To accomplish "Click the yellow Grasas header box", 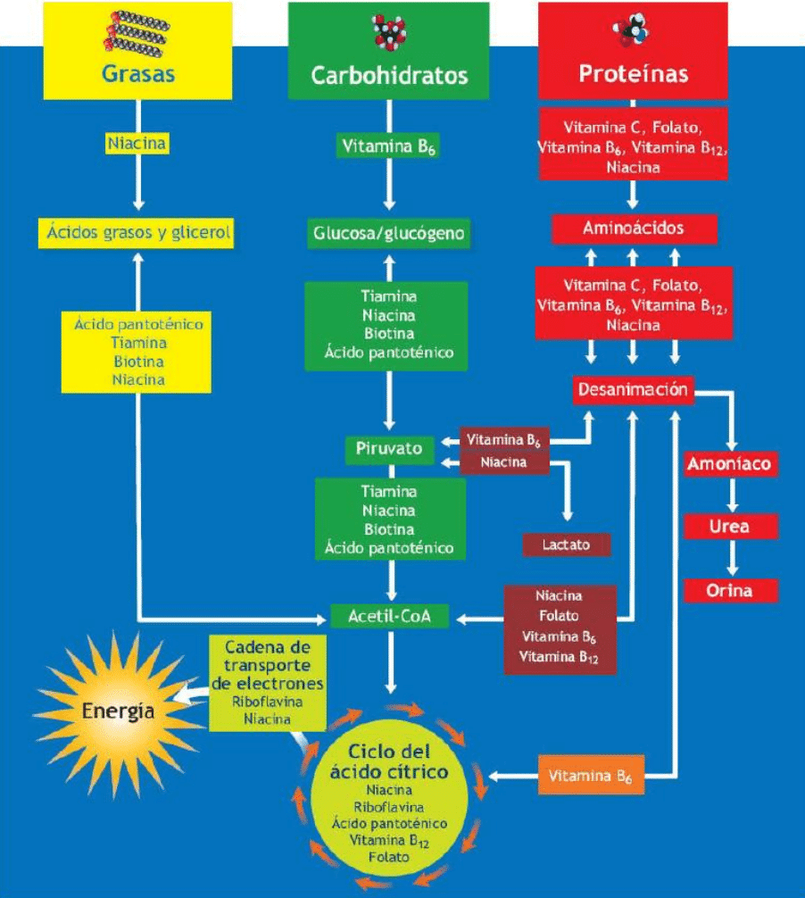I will (x=137, y=51).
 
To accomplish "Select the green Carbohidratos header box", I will (x=388, y=51).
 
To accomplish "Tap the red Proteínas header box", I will (x=633, y=51).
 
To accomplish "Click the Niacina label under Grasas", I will (x=137, y=143).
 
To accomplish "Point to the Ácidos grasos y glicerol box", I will (x=137, y=234).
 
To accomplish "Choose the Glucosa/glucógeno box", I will (x=388, y=234).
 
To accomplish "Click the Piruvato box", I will (x=389, y=448).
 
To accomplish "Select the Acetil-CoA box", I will (x=389, y=616).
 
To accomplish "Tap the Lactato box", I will (x=567, y=545).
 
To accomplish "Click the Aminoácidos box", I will (x=634, y=229).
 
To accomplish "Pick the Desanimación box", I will (x=633, y=390).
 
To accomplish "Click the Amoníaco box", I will (x=729, y=464).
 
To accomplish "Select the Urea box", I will (x=729, y=527).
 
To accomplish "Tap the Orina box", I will (x=730, y=591).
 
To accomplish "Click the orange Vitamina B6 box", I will (x=591, y=776).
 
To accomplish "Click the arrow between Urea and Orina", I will (x=730, y=559).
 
